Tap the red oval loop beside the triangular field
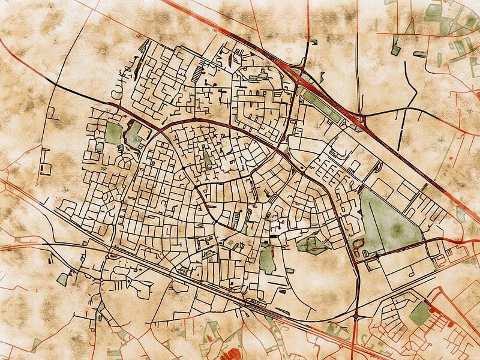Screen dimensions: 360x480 tap(359, 246)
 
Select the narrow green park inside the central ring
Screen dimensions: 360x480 tap(208, 157)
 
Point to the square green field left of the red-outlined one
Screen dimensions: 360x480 tap(113, 133)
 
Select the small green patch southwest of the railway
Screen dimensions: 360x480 tap(63, 278)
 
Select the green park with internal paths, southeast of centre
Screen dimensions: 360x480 tap(311, 244)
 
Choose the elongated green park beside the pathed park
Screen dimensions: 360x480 tap(266, 259)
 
